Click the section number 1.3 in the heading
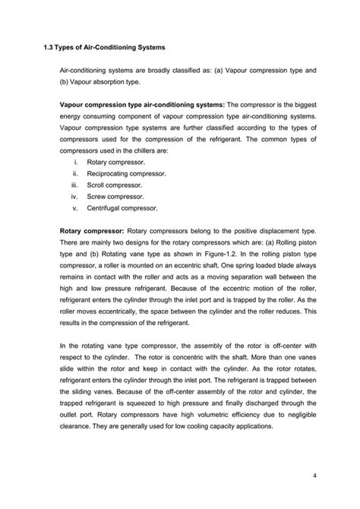tap(49, 46)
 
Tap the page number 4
tap(314, 476)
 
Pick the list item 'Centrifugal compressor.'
tap(122, 207)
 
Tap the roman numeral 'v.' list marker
tap(75, 207)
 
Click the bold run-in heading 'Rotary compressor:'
tap(92, 229)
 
